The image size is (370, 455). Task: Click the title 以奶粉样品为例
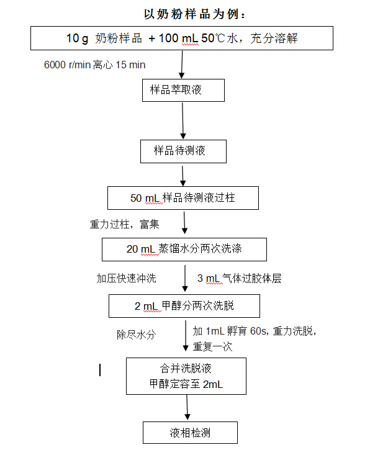195,14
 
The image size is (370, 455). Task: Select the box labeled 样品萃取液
183,90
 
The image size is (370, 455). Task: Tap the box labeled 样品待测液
183,151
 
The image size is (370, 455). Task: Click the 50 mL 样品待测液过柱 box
183,198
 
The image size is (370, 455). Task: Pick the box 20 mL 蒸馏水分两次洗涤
184,250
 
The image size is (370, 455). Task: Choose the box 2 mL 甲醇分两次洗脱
184,306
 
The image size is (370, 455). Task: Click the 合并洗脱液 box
186,376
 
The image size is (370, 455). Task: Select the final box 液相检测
190,433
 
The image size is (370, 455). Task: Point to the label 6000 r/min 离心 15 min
94,65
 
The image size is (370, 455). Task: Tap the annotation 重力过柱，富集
125,224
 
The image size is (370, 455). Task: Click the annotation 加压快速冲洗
126,279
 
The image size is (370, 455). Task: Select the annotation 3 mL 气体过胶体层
240,278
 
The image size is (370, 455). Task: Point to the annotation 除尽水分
137,335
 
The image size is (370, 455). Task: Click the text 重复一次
213,346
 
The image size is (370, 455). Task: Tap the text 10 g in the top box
77,38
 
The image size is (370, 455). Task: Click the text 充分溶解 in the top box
274,38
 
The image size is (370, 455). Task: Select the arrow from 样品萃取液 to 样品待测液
183,120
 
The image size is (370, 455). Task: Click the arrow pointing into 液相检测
187,407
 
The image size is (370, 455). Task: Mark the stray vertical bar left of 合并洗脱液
100,370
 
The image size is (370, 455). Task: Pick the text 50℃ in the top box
213,38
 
